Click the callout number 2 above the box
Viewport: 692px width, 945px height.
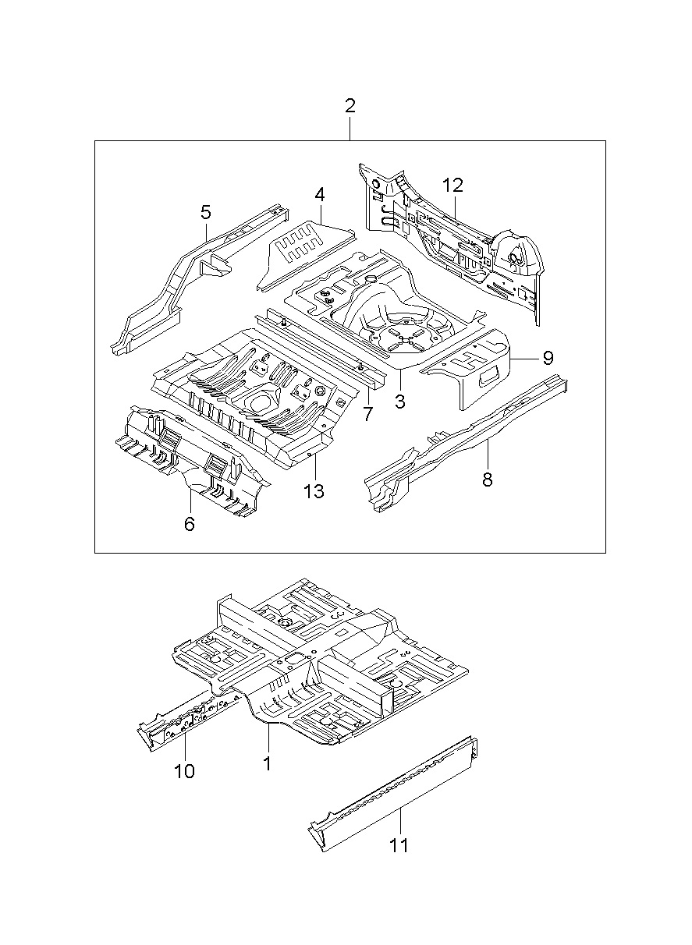pyautogui.click(x=350, y=106)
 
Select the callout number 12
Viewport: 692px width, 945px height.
pyautogui.click(x=453, y=186)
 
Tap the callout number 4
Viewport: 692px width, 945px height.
pyautogui.click(x=320, y=196)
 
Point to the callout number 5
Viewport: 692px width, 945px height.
pyautogui.click(x=206, y=212)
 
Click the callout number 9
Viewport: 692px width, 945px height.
pyautogui.click(x=548, y=358)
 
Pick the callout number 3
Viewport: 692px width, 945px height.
pyautogui.click(x=400, y=402)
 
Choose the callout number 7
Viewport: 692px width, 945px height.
pyautogui.click(x=367, y=414)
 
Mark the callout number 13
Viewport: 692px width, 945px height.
pyautogui.click(x=314, y=491)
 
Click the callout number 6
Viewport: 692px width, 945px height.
pyautogui.click(x=190, y=524)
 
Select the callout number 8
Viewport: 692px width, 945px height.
pyautogui.click(x=488, y=480)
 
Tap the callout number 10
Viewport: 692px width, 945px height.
pyautogui.click(x=184, y=772)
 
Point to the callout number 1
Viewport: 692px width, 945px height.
pyautogui.click(x=268, y=763)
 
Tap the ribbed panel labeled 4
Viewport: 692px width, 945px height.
pyautogui.click(x=305, y=254)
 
